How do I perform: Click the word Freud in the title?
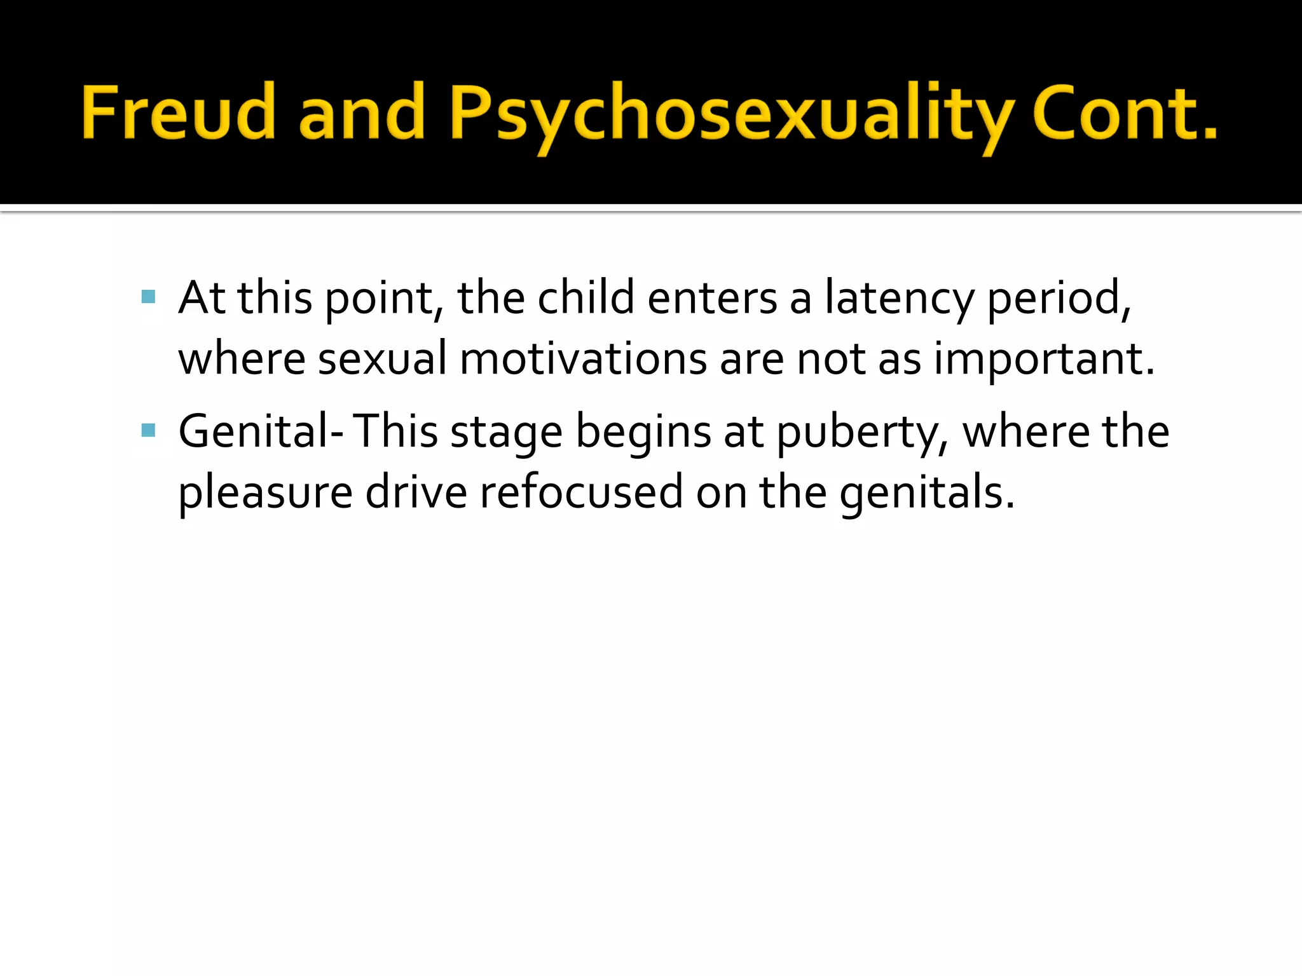pos(178,113)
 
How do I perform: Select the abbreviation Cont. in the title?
pos(1125,113)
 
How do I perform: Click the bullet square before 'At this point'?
pos(149,297)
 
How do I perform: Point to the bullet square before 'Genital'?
pos(149,431)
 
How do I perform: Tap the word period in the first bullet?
pos(1059,298)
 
